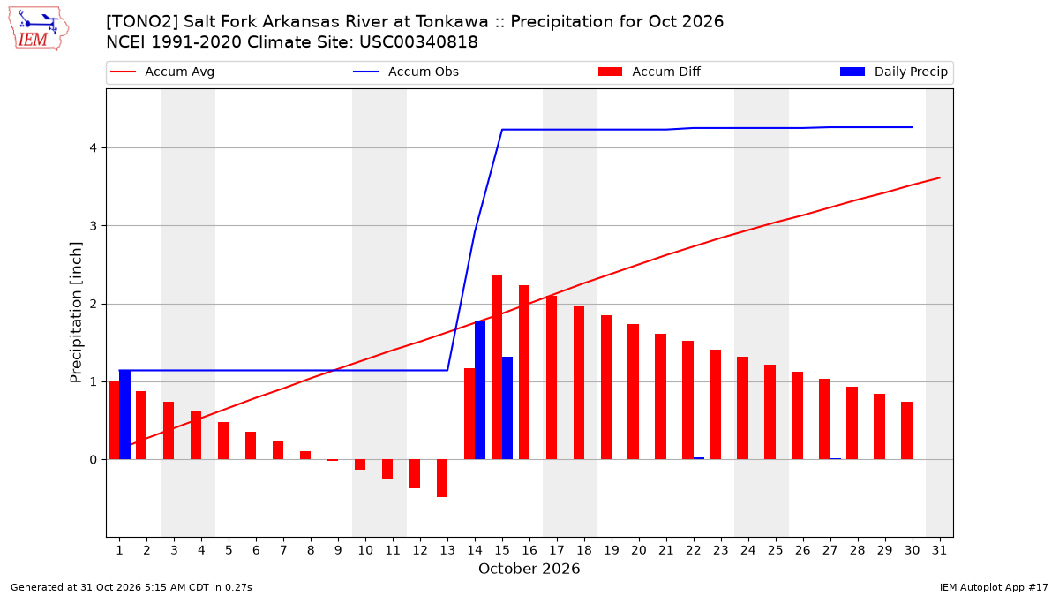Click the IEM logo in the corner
click(x=39, y=29)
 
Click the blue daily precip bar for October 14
click(x=480, y=389)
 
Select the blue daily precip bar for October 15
click(x=507, y=408)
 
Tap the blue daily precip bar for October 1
click(x=124, y=414)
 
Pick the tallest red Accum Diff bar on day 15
click(x=496, y=367)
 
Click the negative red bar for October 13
click(x=442, y=479)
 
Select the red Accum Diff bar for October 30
click(x=907, y=431)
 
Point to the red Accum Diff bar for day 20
click(x=634, y=392)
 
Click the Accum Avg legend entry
click(x=162, y=72)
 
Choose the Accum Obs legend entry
click(x=406, y=72)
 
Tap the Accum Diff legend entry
click(x=650, y=72)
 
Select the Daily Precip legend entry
click(x=893, y=72)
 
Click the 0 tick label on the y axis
click(x=94, y=460)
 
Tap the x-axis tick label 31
click(x=939, y=550)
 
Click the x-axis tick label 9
click(x=338, y=550)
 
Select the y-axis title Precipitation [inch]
click(x=76, y=313)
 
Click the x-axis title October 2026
click(x=529, y=569)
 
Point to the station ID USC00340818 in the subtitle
click(x=418, y=42)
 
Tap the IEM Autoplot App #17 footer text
click(x=994, y=587)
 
